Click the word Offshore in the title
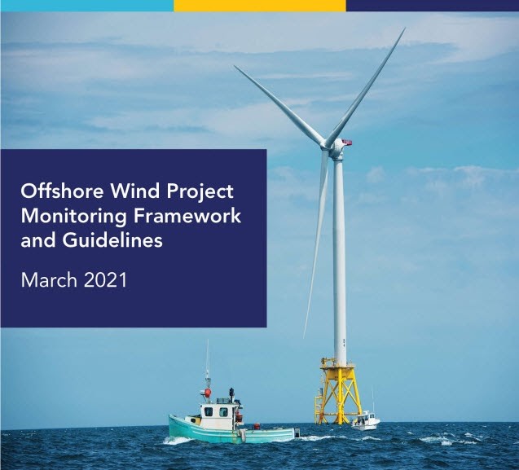click(62, 191)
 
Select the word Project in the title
click(200, 192)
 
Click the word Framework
click(187, 216)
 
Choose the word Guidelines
click(112, 240)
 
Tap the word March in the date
click(49, 280)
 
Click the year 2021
click(106, 280)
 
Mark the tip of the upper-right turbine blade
click(405, 29)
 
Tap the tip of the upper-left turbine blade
click(235, 66)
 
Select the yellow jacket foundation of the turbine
click(338, 391)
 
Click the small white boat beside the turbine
click(365, 421)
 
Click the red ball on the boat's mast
click(208, 393)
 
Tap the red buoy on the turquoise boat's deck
click(257, 426)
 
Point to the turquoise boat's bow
click(173, 421)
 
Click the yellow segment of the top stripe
click(260, 6)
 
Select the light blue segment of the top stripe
click(87, 6)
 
